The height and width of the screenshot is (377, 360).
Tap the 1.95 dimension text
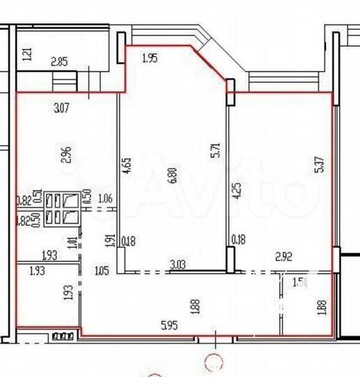pyautogui.click(x=150, y=59)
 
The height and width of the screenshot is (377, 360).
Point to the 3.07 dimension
pyautogui.click(x=63, y=108)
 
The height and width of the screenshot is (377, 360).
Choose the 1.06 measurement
pyautogui.click(x=105, y=199)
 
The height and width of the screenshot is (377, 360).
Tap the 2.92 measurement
pyautogui.click(x=283, y=258)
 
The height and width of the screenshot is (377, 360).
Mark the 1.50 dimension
pyautogui.click(x=301, y=283)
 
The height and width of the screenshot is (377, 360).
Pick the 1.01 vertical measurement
pyautogui.click(x=72, y=244)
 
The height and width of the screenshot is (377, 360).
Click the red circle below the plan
pyautogui.click(x=213, y=361)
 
